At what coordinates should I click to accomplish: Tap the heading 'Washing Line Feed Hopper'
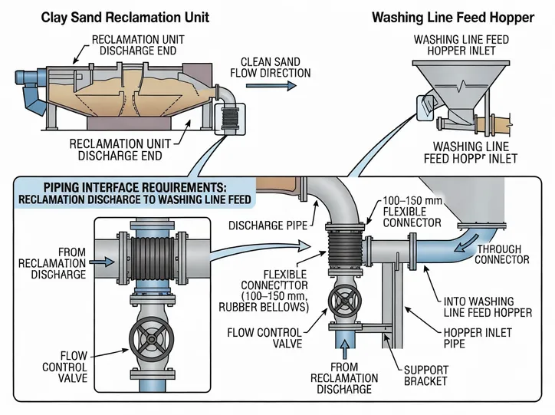pos(452,18)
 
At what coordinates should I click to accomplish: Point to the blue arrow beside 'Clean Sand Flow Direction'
pos(281,86)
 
